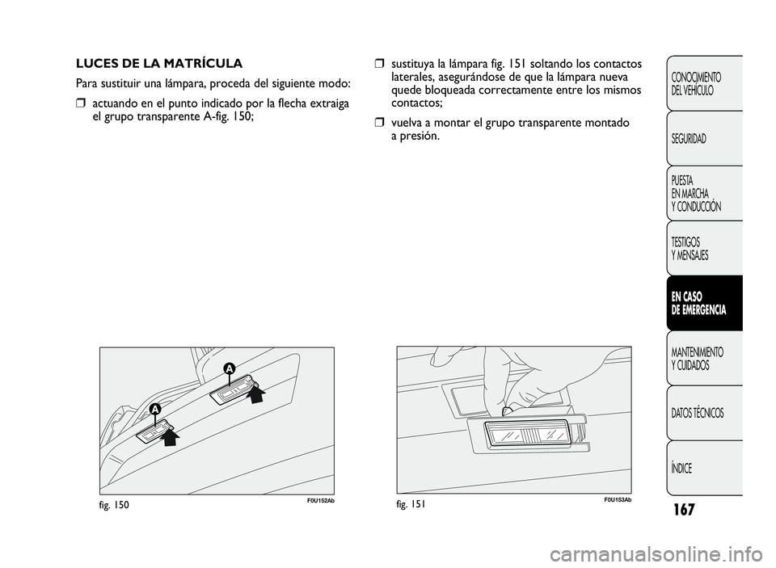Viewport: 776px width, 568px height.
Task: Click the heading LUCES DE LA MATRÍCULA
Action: [158, 62]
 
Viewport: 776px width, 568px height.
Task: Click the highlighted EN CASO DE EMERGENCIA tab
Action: [700, 303]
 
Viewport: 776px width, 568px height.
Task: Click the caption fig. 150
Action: [115, 503]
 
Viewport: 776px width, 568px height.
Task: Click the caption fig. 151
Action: [411, 503]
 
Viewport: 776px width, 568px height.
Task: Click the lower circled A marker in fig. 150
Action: [154, 410]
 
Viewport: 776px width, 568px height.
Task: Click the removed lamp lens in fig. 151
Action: [525, 441]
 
